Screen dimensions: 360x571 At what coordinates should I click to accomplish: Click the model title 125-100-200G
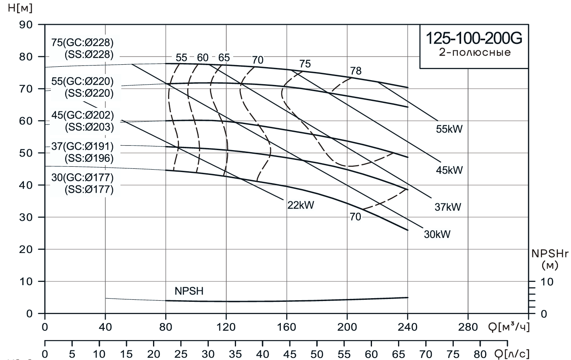tap(474, 39)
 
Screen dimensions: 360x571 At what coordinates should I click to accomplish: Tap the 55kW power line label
tap(449, 129)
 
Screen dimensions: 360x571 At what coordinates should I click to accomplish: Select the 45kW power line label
tap(449, 170)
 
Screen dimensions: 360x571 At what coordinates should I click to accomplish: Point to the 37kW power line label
tap(448, 207)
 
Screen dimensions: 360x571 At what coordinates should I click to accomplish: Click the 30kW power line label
tap(437, 235)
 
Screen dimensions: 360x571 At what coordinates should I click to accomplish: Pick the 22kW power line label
tap(301, 205)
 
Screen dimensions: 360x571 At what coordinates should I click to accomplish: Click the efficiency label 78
tap(355, 71)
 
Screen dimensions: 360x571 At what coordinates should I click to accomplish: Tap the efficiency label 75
tap(305, 64)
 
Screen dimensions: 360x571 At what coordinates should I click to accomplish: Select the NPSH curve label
tap(189, 291)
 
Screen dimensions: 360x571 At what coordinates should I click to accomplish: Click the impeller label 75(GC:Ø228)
tap(83, 42)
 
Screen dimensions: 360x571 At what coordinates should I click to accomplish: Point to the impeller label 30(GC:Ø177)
tap(83, 177)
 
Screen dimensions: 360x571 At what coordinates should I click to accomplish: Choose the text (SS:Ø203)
tap(89, 127)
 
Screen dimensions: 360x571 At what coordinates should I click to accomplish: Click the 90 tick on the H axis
tap(26, 25)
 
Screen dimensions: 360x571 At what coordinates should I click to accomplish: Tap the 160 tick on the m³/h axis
tap(287, 327)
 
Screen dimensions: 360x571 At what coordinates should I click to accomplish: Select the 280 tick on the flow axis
tap(468, 327)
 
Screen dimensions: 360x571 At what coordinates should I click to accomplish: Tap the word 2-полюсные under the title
tap(475, 52)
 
